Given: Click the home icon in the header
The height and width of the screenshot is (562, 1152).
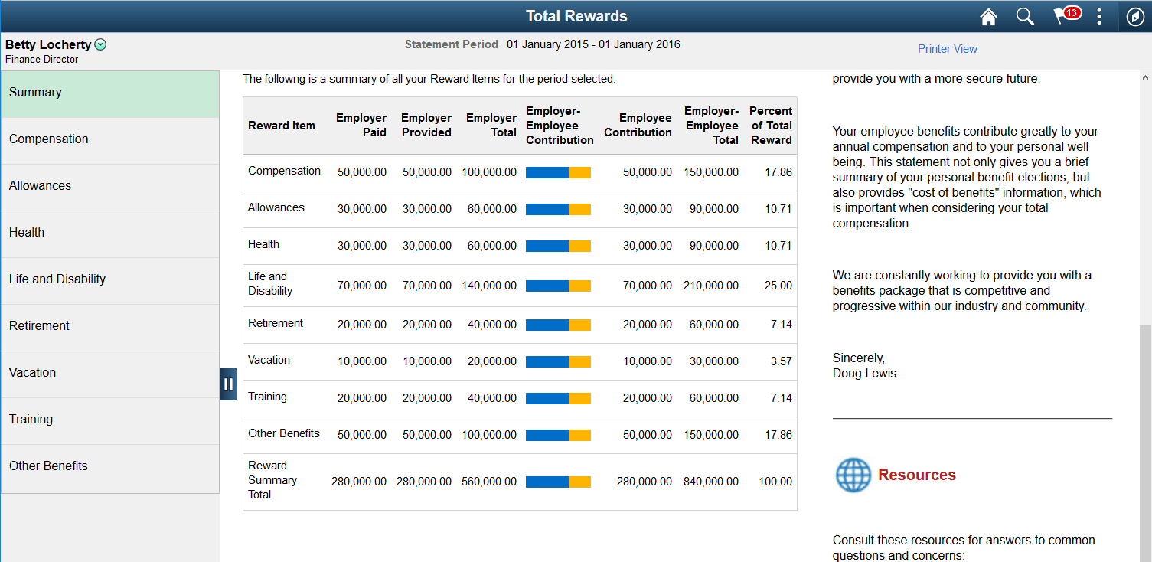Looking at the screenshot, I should (x=988, y=17).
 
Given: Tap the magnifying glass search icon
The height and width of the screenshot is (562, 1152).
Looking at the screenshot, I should (x=1025, y=17).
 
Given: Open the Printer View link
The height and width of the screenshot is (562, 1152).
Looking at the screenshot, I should (x=948, y=49).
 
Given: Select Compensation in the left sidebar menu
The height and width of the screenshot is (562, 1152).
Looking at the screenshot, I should (x=49, y=139).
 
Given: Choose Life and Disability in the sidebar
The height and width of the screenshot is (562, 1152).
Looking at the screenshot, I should (x=57, y=279).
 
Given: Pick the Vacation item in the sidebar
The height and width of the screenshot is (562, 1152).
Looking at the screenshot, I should (x=33, y=373).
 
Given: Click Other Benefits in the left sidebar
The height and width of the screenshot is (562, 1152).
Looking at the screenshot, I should (x=48, y=466).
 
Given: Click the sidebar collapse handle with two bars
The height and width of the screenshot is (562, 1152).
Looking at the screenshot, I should (x=228, y=384).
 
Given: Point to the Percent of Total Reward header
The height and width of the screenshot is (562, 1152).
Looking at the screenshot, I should (x=770, y=126).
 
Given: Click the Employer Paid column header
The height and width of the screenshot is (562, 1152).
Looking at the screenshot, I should (x=361, y=126).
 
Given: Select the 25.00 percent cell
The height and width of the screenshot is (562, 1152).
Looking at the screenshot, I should (x=778, y=286).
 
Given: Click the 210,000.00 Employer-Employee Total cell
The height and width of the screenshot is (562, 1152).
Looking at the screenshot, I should (x=711, y=286).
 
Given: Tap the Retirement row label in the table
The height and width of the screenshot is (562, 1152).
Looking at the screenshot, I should (x=276, y=324).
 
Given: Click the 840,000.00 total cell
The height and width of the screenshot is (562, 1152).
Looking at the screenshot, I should (x=711, y=482).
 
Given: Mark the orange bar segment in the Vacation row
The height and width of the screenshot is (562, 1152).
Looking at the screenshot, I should (x=580, y=361).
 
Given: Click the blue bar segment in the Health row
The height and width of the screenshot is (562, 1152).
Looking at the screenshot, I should (x=547, y=246).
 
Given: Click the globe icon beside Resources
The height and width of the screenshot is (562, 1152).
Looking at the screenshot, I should (x=853, y=475).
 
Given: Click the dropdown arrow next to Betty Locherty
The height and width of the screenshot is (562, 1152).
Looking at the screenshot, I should (x=100, y=45).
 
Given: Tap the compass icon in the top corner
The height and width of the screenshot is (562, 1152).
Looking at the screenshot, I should (x=1135, y=17).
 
